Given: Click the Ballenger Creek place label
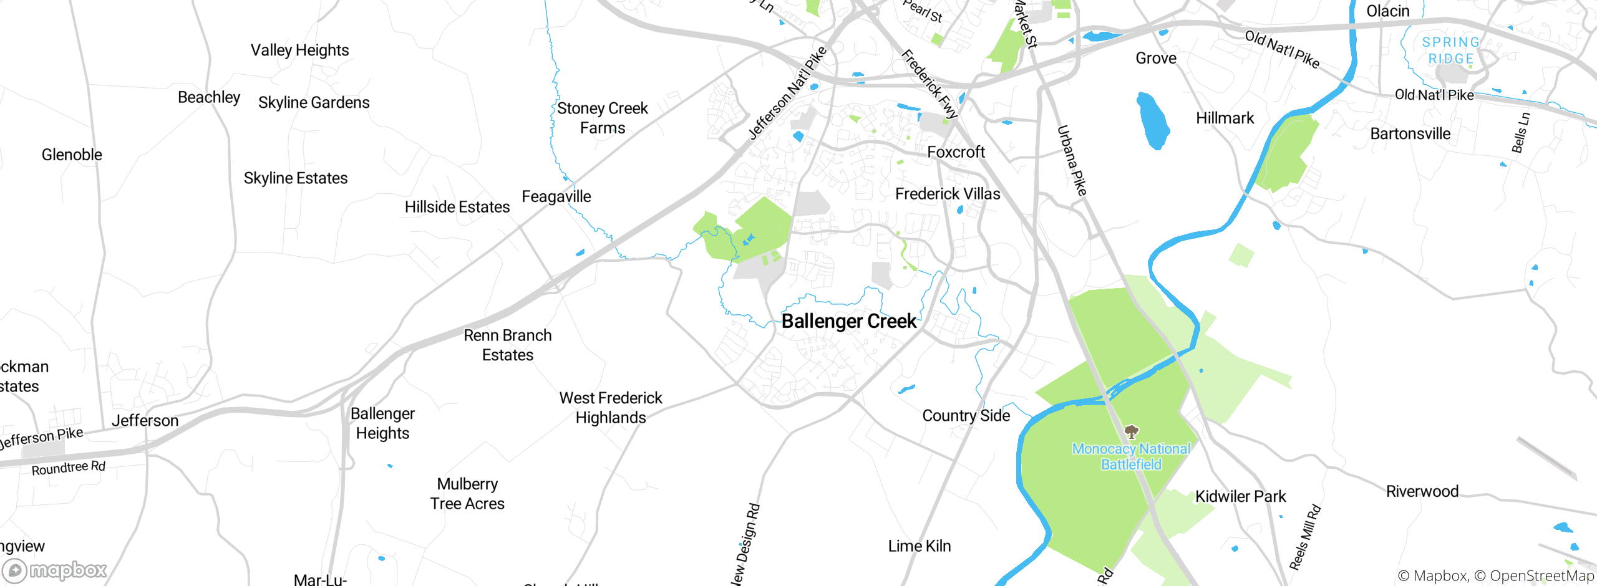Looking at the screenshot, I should click(848, 321).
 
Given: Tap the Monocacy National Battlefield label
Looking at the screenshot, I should click(1131, 456).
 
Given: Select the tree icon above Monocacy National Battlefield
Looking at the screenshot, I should click(1131, 431).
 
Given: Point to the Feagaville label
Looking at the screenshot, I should click(556, 196).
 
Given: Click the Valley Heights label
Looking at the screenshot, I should click(299, 50).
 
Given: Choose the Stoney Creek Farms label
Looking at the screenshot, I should click(602, 118).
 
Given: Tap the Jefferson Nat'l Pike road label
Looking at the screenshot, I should click(787, 94).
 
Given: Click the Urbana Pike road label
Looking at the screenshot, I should click(1072, 161).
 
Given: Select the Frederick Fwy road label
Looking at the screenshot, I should click(929, 84).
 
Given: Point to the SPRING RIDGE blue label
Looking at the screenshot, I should click(1450, 50).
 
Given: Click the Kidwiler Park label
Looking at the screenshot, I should click(1240, 496).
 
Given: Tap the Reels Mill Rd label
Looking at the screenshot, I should click(1305, 537).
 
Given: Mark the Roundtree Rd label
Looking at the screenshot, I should click(69, 468).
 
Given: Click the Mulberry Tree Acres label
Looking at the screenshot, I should click(467, 494).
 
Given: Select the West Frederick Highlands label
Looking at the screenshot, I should click(611, 408).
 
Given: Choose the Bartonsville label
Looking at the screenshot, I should click(1410, 133).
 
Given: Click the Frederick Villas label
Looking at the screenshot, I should click(947, 194).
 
